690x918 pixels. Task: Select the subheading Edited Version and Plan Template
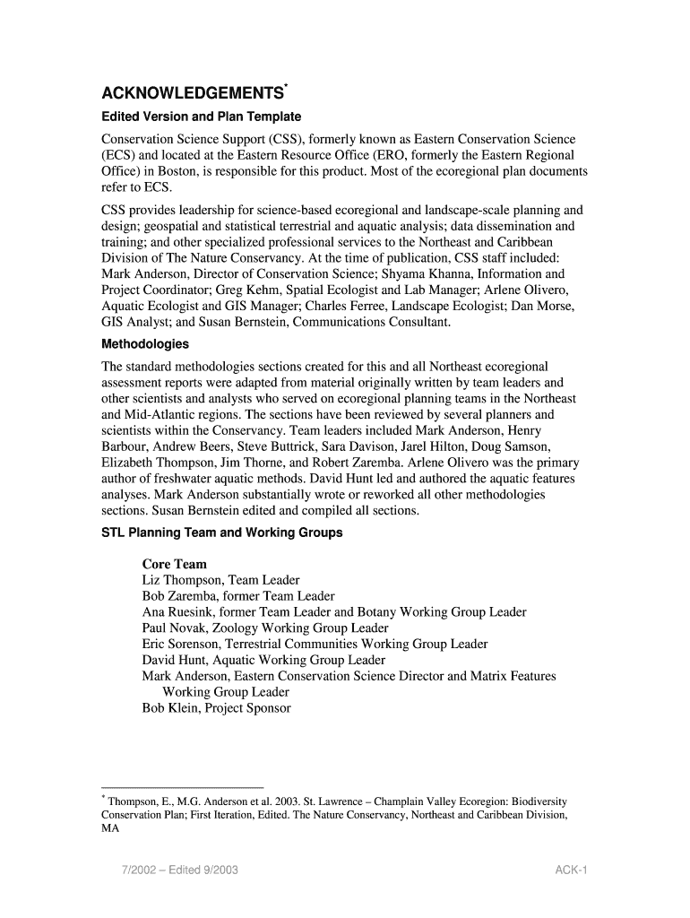tap(201, 117)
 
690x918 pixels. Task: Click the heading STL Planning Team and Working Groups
tap(222, 533)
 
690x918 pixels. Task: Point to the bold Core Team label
tap(174, 564)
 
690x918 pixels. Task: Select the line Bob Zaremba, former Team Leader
tap(237, 596)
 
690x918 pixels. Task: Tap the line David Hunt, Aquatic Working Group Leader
tap(263, 660)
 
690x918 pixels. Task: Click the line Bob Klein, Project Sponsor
tap(216, 708)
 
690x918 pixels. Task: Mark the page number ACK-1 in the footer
tap(570, 870)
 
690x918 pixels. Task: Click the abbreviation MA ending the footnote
tap(110, 829)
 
